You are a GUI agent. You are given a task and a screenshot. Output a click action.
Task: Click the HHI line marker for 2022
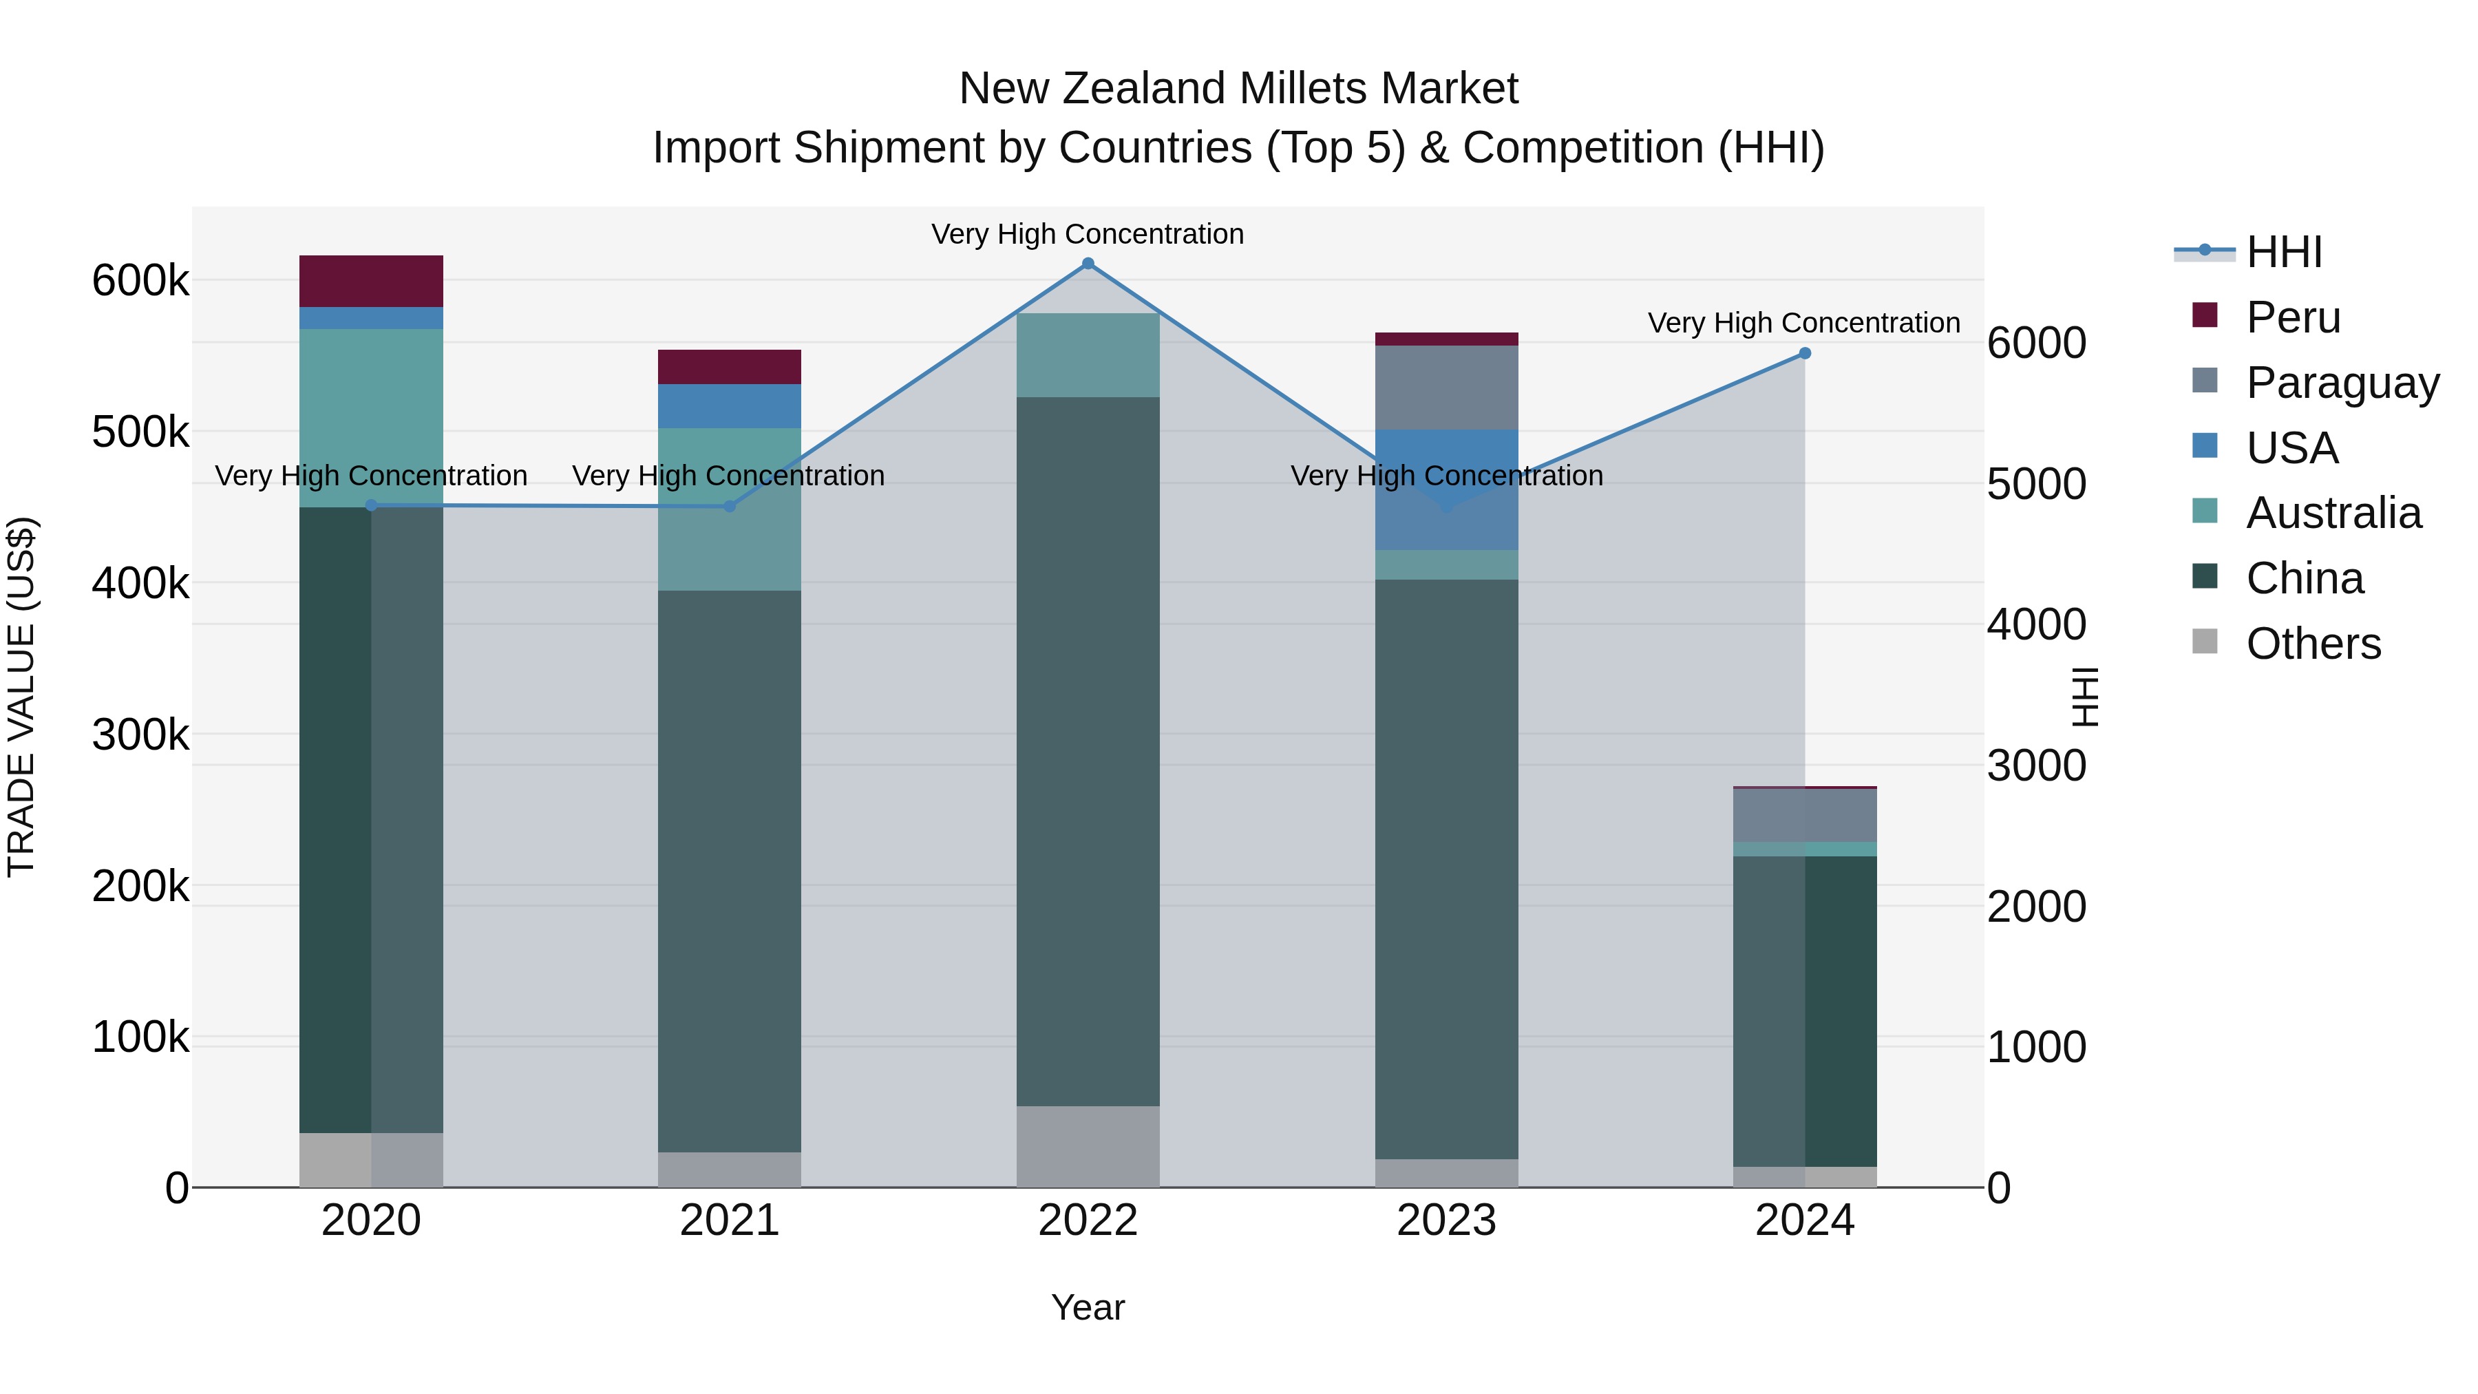click(1088, 264)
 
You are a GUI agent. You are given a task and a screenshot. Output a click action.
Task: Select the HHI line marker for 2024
click(1805, 354)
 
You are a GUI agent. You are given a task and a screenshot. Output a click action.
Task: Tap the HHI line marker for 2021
click(729, 506)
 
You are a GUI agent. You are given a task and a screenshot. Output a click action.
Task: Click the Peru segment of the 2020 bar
click(371, 281)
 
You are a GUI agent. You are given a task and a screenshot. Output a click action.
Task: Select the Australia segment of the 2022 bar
click(1088, 355)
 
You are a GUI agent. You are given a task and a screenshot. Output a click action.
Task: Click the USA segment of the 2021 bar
click(729, 406)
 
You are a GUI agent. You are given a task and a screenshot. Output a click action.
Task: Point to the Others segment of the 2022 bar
click(1088, 1145)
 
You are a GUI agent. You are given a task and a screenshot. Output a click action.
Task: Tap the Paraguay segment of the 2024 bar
click(1805, 815)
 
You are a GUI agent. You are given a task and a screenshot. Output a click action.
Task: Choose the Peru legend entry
click(2294, 317)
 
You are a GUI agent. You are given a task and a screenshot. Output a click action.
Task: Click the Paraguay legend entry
click(2342, 383)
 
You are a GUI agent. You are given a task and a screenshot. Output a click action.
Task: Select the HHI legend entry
click(2284, 252)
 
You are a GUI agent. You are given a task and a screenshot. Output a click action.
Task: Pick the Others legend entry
click(2313, 644)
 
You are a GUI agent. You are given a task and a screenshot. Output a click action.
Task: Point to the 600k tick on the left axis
click(140, 281)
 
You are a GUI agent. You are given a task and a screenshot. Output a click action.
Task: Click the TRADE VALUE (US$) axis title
click(21, 697)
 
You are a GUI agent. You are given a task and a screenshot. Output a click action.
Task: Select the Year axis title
click(1088, 1307)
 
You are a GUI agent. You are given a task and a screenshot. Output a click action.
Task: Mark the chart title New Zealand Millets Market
click(1238, 89)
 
